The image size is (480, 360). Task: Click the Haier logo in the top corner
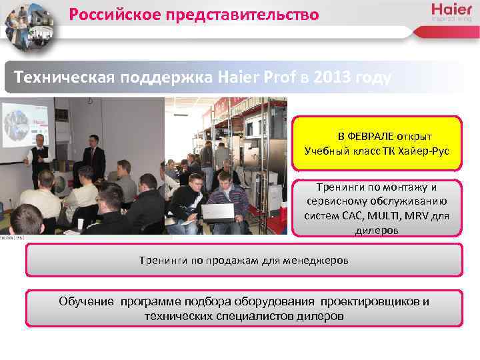[451, 12]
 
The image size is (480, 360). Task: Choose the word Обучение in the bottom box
[87, 301]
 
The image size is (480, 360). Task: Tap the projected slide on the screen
[25, 126]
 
